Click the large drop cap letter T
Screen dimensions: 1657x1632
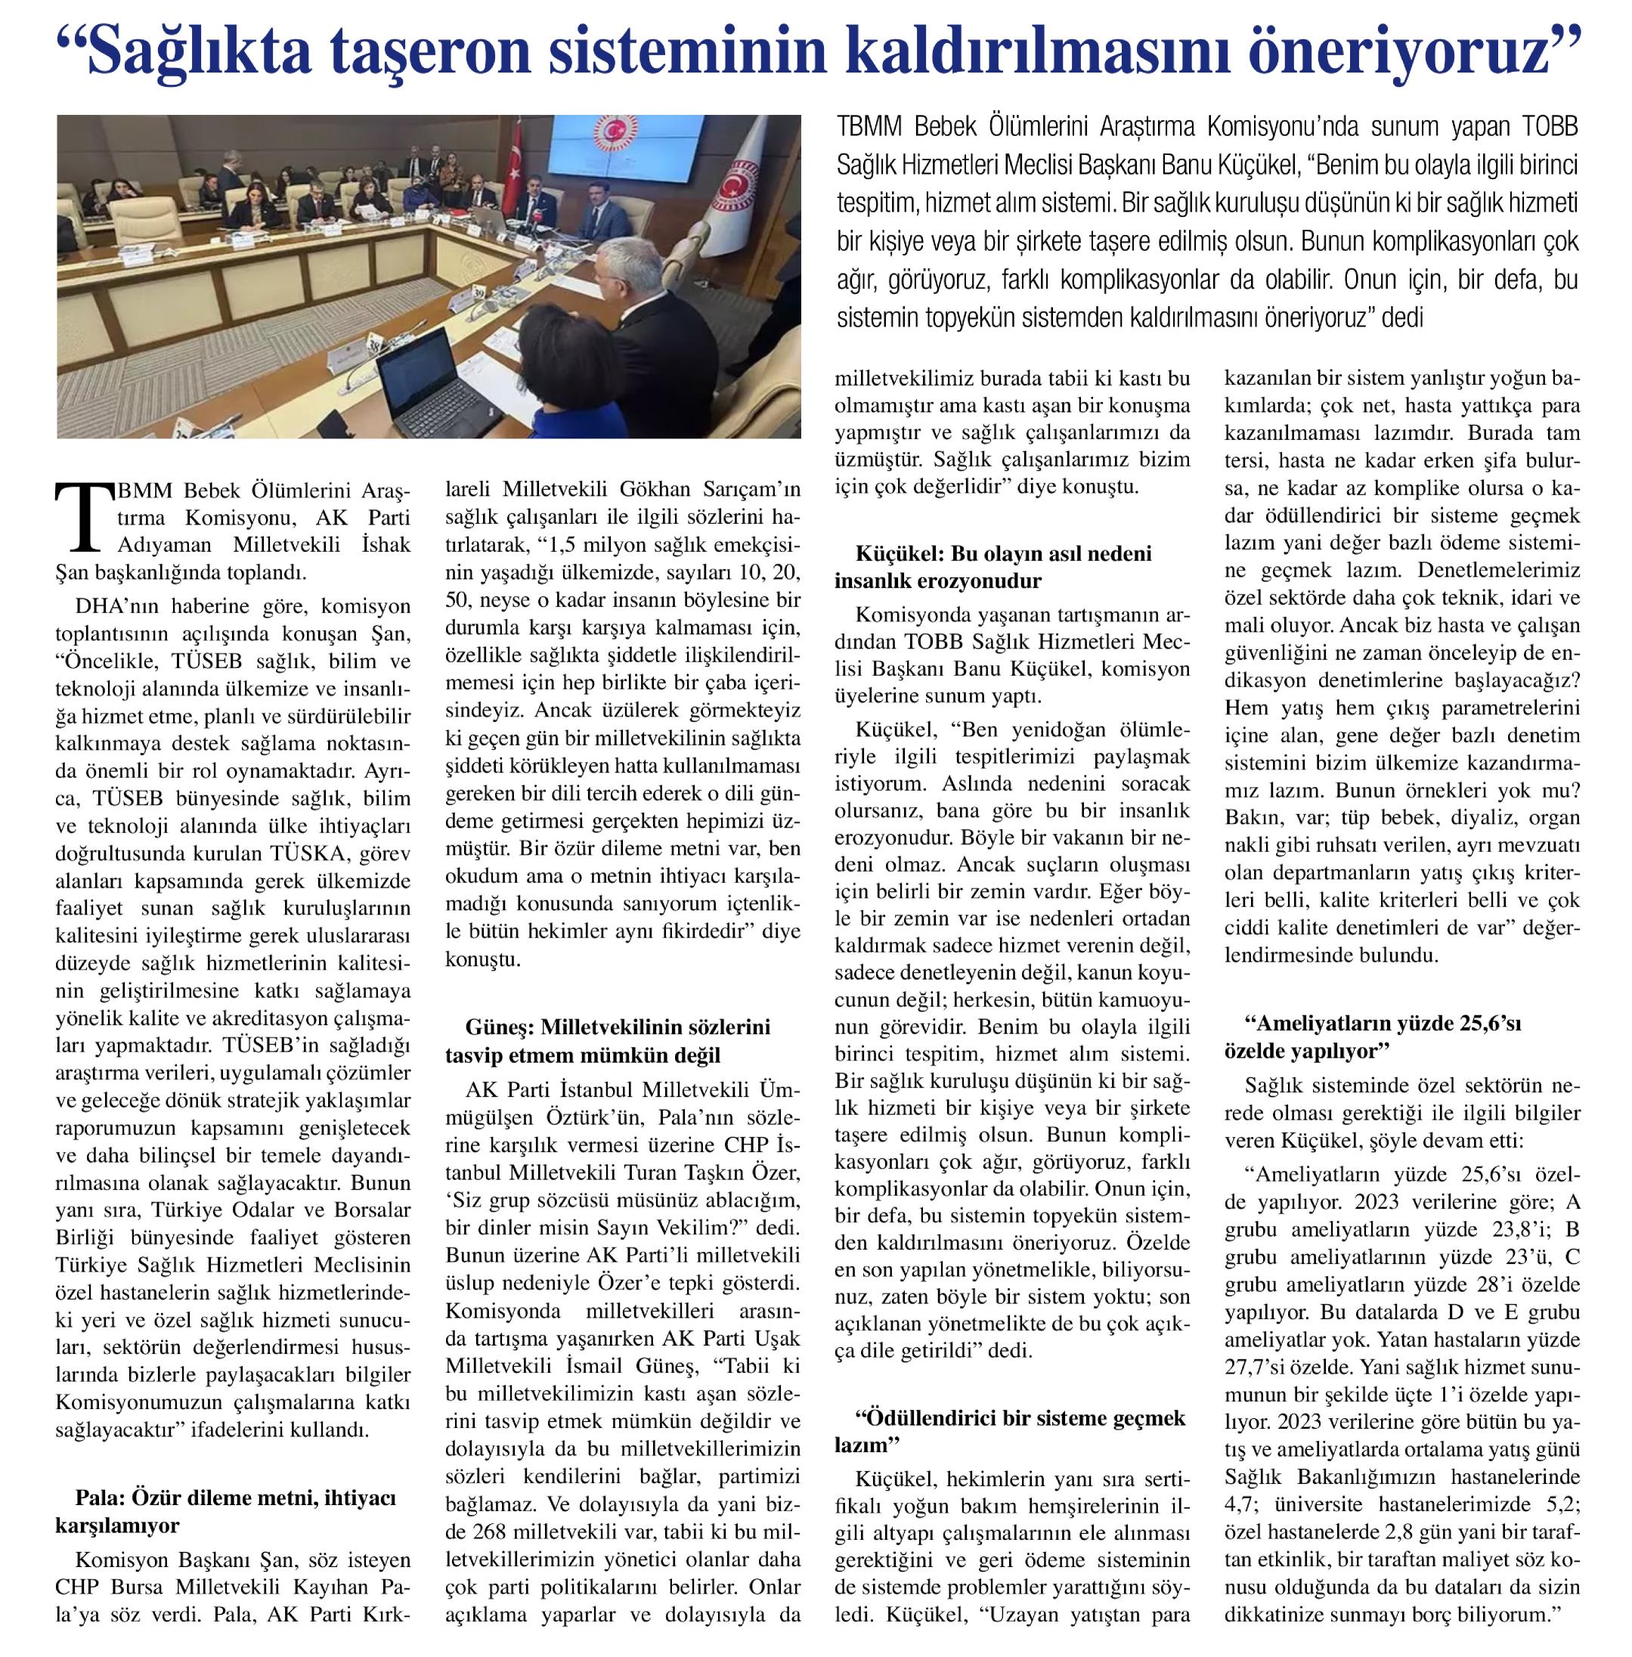pyautogui.click(x=83, y=517)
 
